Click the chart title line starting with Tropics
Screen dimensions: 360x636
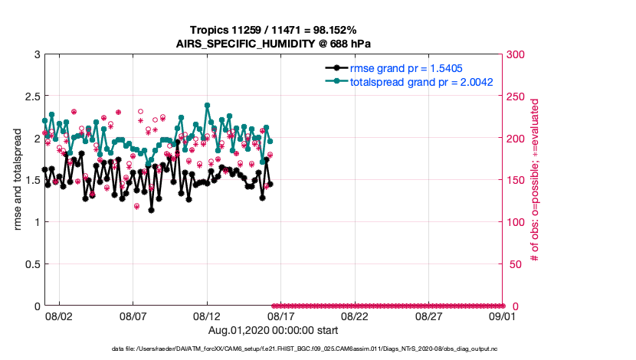click(274, 30)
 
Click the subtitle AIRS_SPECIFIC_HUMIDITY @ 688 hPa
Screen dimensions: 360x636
click(274, 44)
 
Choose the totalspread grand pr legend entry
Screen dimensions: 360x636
click(421, 81)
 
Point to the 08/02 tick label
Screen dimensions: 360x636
click(59, 316)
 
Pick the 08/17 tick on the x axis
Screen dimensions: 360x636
click(280, 316)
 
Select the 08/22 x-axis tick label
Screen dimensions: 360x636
click(355, 316)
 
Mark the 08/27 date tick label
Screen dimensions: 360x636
click(428, 316)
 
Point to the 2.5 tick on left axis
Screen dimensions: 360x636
click(31, 97)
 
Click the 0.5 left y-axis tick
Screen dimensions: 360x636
click(31, 264)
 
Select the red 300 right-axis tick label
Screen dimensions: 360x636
click(516, 54)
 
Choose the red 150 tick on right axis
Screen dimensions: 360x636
click(516, 180)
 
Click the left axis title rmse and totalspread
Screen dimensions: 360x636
click(17, 180)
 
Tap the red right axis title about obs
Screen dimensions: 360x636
click(536, 180)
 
